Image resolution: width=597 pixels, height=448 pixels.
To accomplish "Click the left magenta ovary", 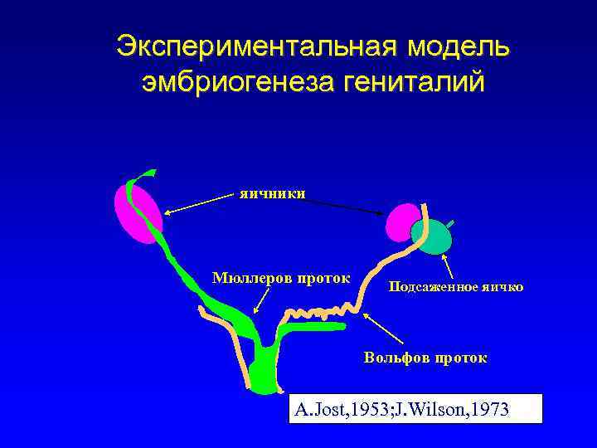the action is click(136, 214).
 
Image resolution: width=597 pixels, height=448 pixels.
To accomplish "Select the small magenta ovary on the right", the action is click(404, 222).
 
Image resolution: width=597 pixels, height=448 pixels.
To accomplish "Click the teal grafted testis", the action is click(434, 236).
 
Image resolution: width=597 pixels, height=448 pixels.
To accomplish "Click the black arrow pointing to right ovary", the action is click(340, 205).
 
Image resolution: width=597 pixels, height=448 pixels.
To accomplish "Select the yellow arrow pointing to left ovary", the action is click(199, 202).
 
